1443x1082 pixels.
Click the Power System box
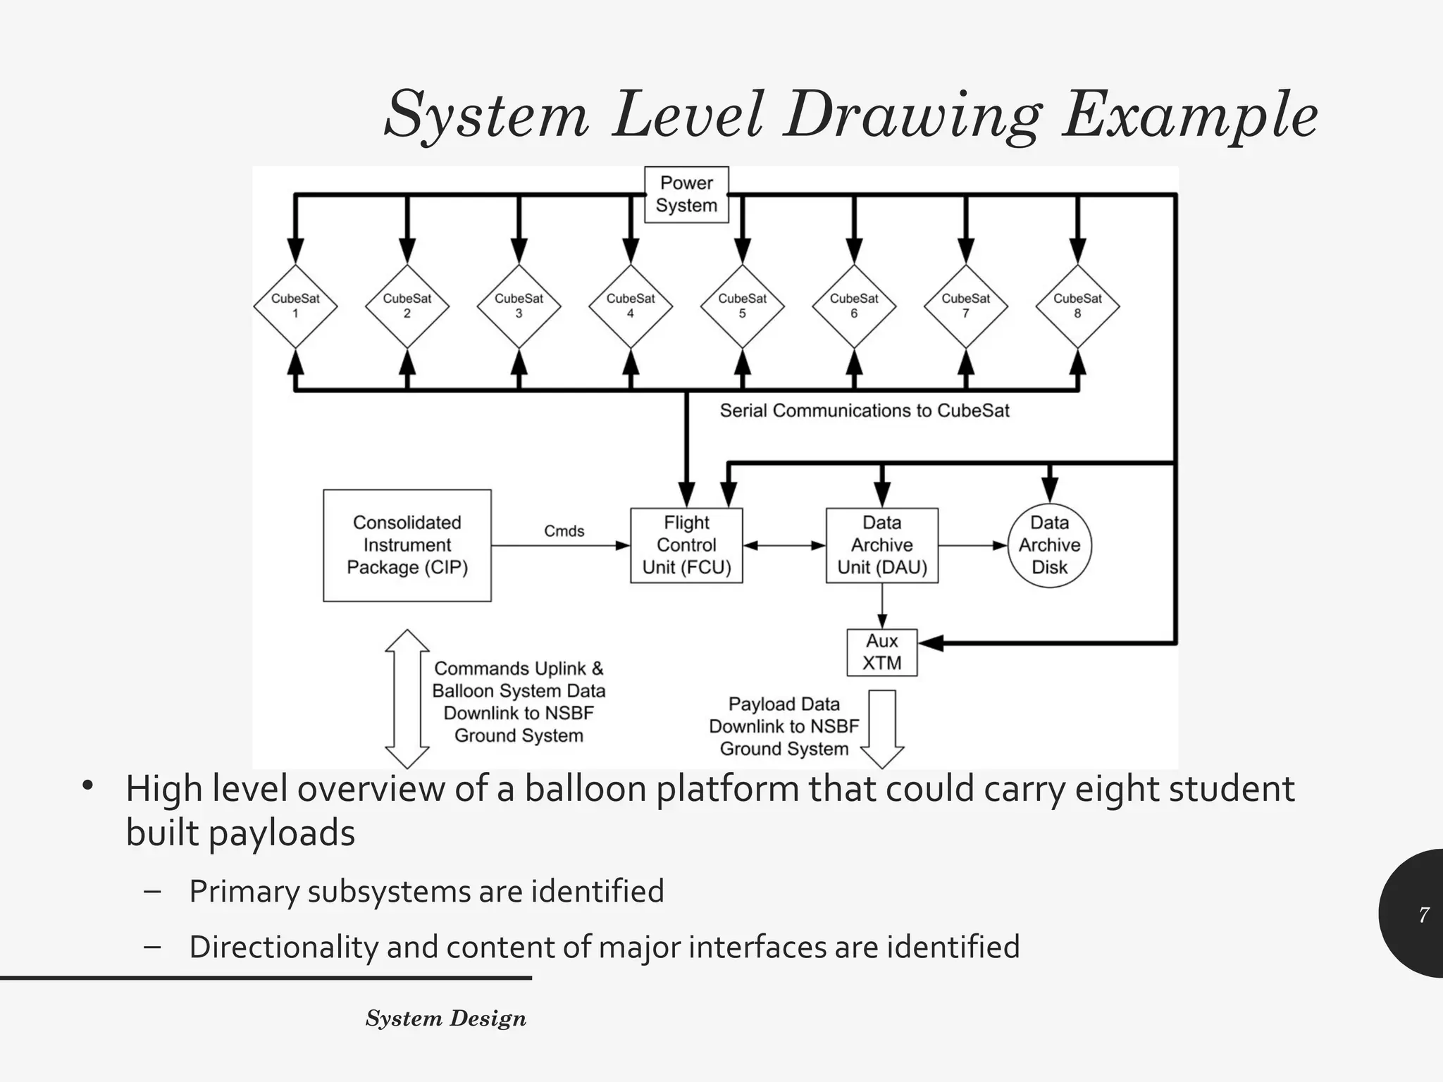pos(686,194)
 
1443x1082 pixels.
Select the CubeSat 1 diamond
pos(295,306)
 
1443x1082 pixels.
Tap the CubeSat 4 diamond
pos(631,306)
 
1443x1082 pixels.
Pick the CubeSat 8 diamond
pos(1077,306)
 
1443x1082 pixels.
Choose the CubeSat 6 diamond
pos(854,306)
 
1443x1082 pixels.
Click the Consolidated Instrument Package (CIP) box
pos(407,545)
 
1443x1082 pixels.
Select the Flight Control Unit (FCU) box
pos(686,545)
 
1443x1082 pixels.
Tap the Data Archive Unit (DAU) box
pos(881,545)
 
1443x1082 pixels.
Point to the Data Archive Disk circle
pos(1049,545)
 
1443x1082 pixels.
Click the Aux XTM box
pos(881,652)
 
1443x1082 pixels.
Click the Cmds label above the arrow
pos(564,531)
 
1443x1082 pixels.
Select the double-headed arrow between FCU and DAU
pos(784,545)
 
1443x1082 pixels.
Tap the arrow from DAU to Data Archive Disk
pos(972,545)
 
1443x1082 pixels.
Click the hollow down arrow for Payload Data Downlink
pos(882,728)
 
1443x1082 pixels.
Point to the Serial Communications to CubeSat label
pos(865,411)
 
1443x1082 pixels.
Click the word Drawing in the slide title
pos(912,115)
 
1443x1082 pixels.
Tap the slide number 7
pos(1424,914)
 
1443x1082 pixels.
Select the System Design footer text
pos(445,1019)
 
